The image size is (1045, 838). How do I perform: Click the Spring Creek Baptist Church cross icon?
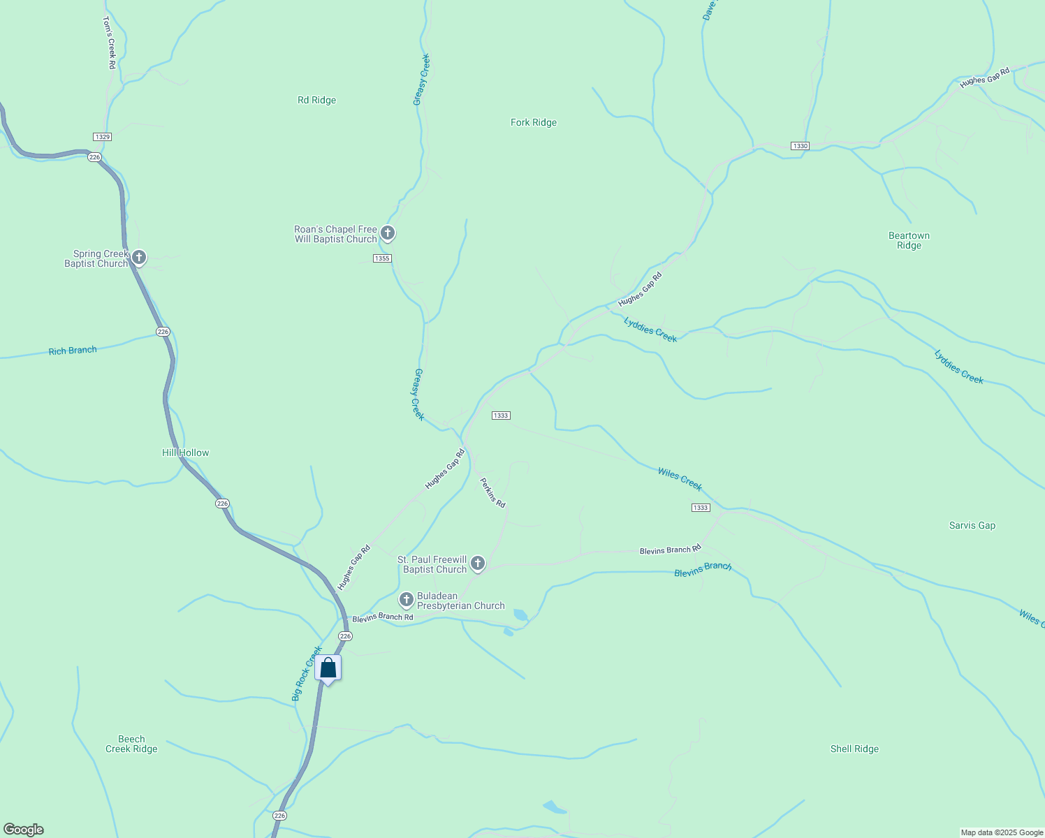(139, 258)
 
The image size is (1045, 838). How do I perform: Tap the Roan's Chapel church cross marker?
(388, 233)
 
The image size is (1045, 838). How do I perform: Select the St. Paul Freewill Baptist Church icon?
(478, 563)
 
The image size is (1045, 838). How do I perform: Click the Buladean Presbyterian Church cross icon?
(406, 599)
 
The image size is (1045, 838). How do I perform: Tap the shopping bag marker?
(328, 668)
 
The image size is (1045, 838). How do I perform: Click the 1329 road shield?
(102, 137)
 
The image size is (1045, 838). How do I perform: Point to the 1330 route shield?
(800, 146)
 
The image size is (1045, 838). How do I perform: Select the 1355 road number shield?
(382, 258)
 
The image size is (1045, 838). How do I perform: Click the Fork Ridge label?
(534, 122)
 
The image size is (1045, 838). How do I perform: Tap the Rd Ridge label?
(316, 100)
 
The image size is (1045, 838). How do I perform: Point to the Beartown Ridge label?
(909, 240)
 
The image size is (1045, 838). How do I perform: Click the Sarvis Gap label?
(972, 525)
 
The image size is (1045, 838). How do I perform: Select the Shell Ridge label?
(854, 749)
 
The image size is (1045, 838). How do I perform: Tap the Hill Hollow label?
(186, 453)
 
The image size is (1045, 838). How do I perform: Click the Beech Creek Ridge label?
(131, 744)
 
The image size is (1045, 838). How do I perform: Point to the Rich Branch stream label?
(73, 351)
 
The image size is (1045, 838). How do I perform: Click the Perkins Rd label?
(492, 492)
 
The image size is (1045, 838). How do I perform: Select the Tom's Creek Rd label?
(109, 43)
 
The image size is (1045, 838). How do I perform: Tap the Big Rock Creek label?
(307, 673)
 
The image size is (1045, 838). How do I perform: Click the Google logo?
(23, 830)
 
